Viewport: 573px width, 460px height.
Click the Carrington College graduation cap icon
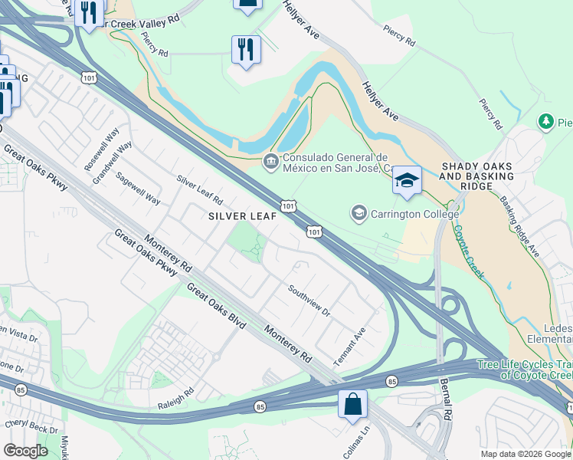click(x=359, y=212)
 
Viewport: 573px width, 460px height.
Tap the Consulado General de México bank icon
click(x=270, y=161)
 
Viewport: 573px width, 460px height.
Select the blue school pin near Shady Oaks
click(x=407, y=181)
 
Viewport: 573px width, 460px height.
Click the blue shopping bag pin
click(x=352, y=403)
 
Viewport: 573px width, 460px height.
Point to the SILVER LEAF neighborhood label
click(x=242, y=216)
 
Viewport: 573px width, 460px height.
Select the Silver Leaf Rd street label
click(x=199, y=190)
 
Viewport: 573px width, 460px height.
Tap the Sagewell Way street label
click(x=138, y=188)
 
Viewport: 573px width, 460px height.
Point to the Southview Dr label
click(x=309, y=301)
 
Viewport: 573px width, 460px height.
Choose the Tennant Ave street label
click(x=349, y=347)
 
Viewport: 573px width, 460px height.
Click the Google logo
click(x=25, y=451)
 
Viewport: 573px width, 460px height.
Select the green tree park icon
click(x=545, y=121)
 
